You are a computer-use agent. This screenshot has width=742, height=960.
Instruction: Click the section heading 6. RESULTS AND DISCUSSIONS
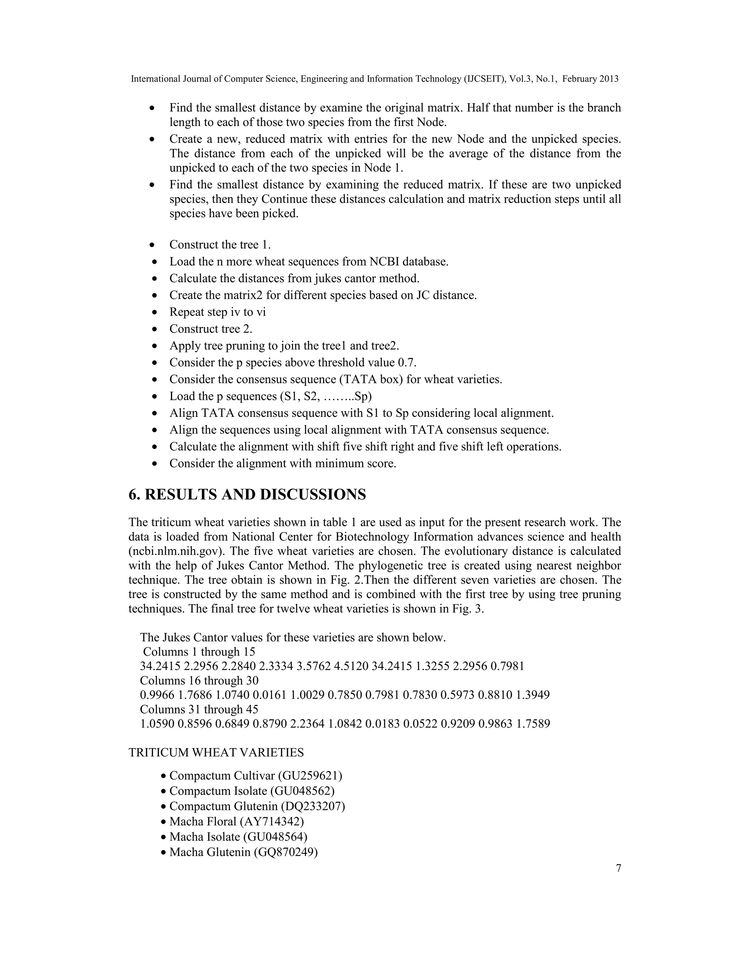click(247, 494)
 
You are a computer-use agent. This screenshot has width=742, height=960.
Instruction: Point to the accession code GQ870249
click(285, 852)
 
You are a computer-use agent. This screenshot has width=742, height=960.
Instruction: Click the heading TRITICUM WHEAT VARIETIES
click(216, 752)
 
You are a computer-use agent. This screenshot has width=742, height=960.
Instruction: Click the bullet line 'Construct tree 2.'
click(210, 329)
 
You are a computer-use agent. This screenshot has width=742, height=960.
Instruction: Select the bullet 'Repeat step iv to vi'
click(218, 312)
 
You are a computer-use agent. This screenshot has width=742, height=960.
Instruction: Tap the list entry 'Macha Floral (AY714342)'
click(237, 821)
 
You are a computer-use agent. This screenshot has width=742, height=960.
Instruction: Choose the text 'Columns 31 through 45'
click(199, 709)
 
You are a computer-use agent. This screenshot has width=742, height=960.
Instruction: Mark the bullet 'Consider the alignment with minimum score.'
click(283, 463)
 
